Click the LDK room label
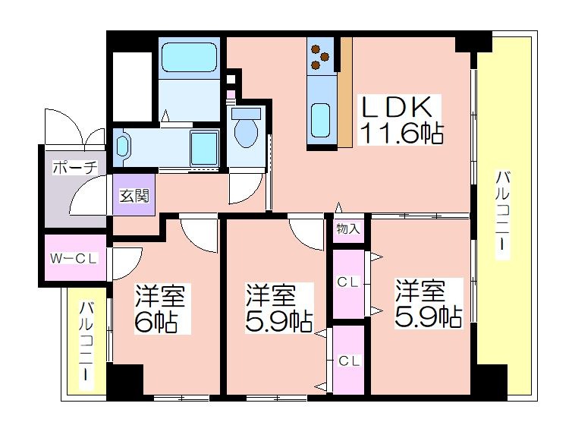point(396,107)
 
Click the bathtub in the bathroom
point(189,58)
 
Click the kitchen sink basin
point(321,120)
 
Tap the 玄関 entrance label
point(134,197)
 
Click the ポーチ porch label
point(75,168)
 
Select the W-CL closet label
point(74,259)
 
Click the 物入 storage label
point(348,229)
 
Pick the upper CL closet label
point(348,282)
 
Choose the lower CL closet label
point(349,361)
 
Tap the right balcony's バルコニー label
point(502,215)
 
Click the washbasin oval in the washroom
point(122,147)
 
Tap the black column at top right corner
point(473,42)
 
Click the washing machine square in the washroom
point(204,149)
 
